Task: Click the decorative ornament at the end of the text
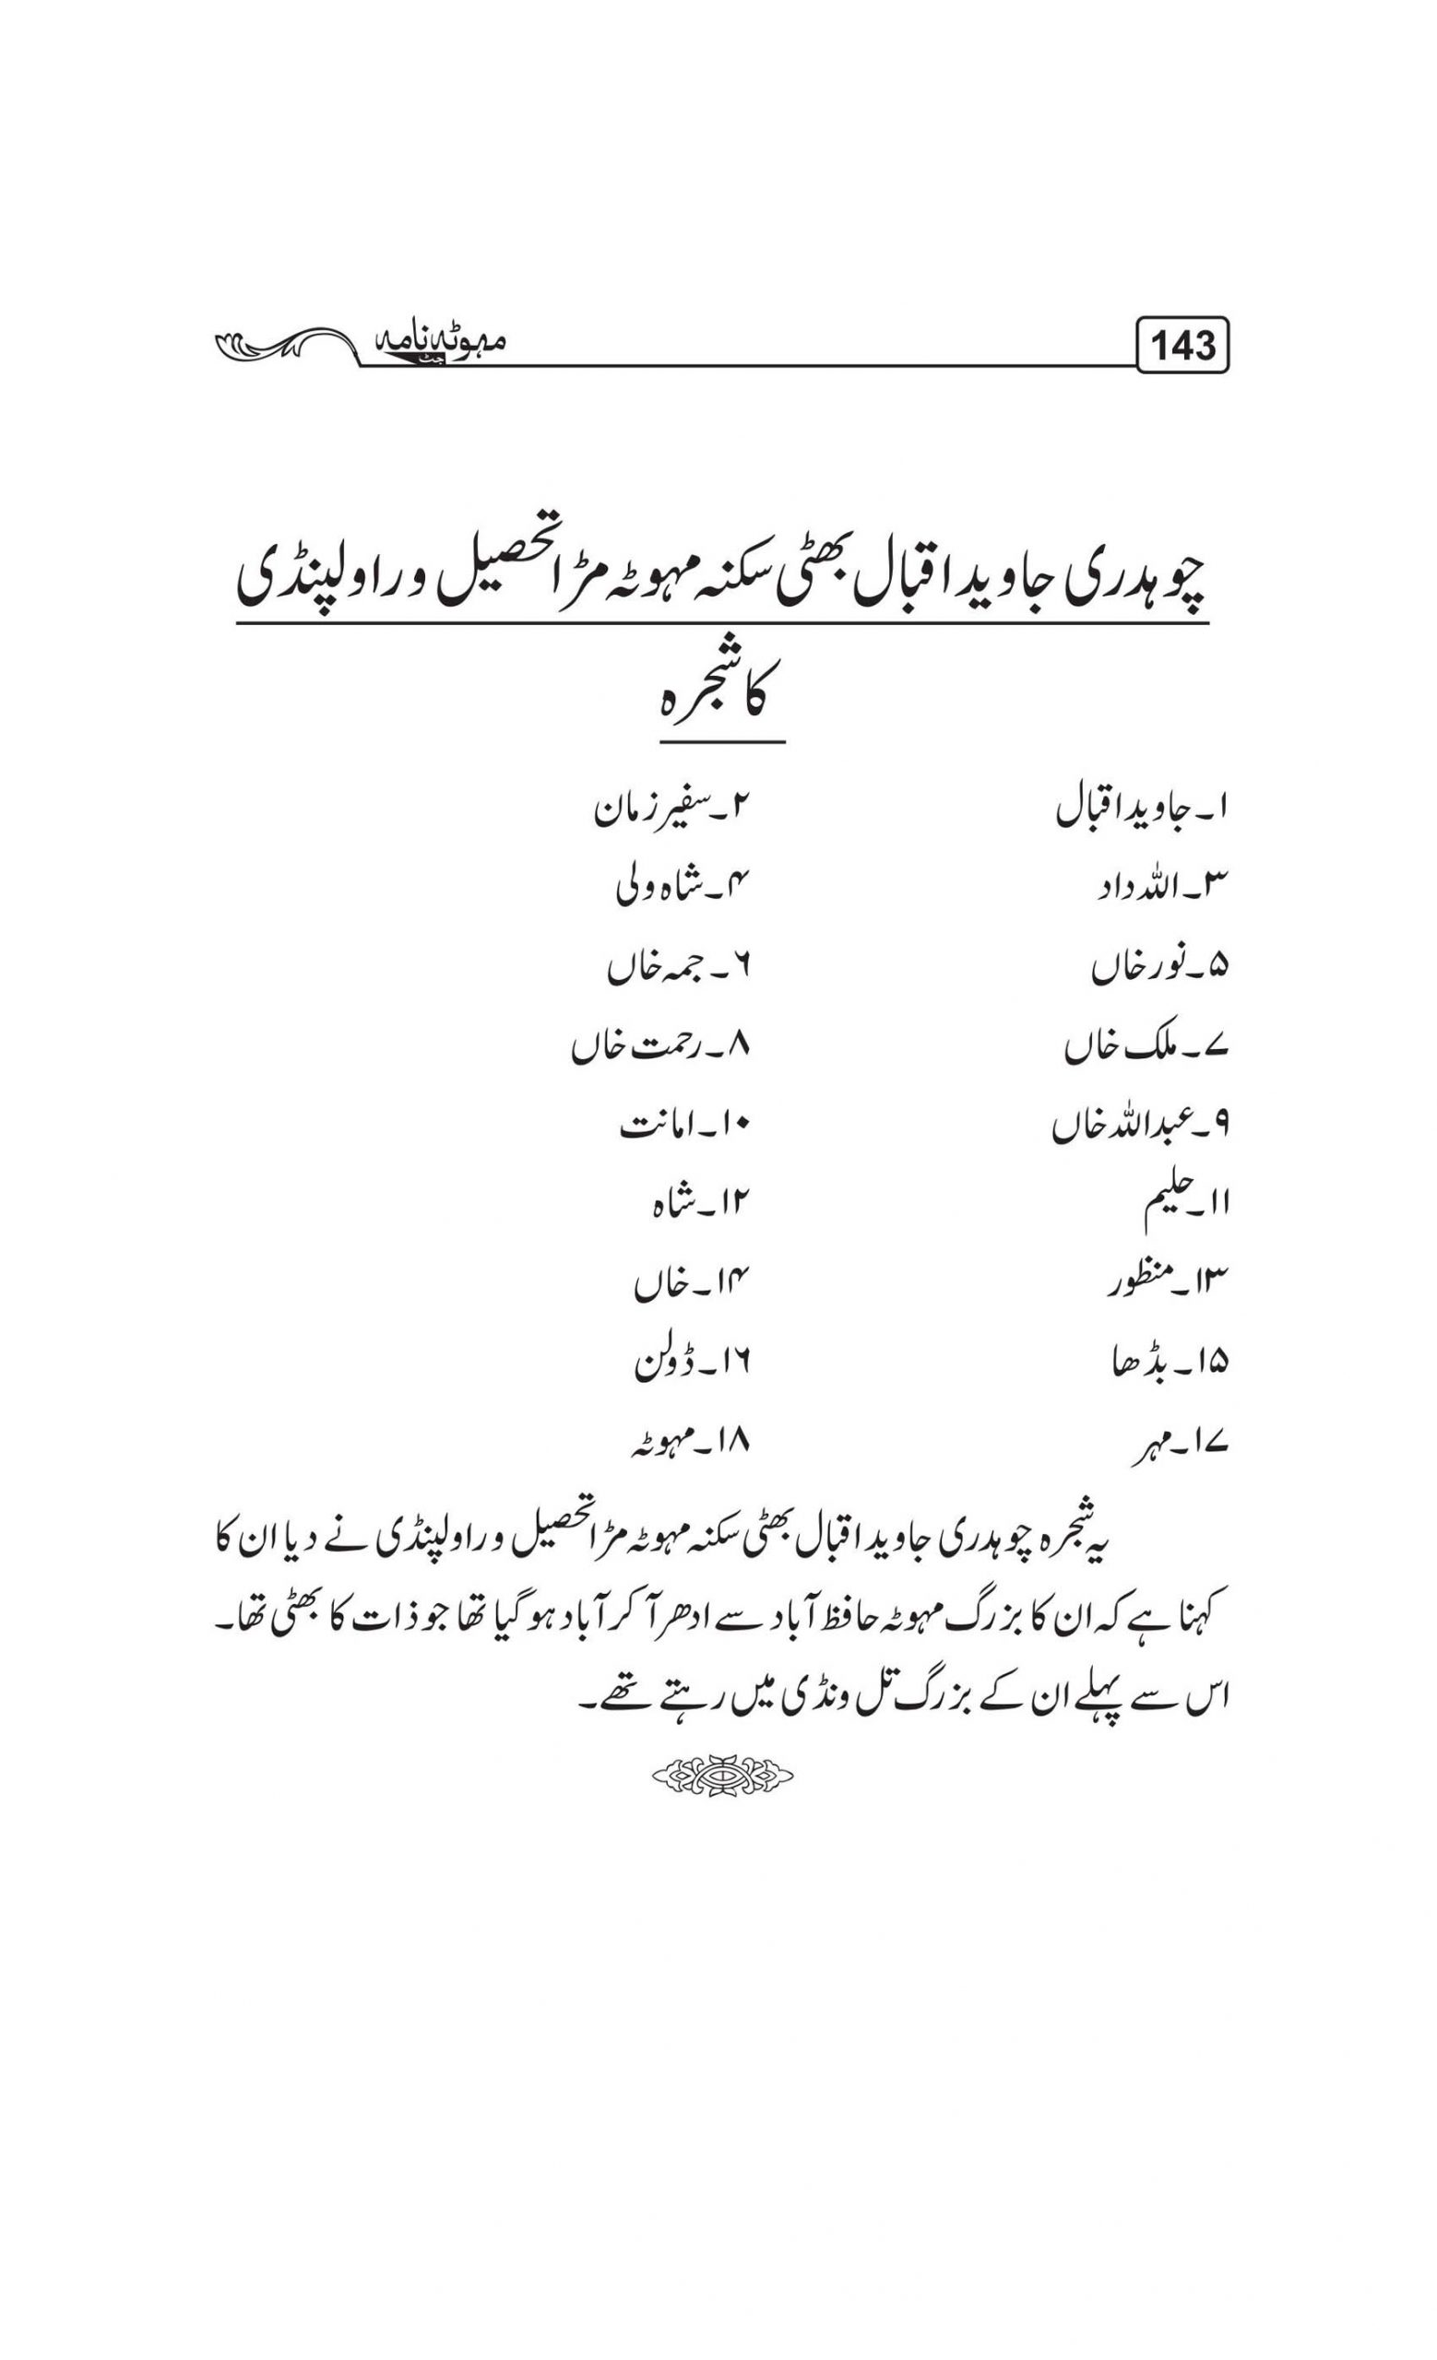(721, 1776)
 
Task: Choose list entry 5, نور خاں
(1159, 970)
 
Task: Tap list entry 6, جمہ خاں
(676, 970)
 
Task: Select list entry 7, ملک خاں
(1146, 1049)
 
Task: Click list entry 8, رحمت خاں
(660, 1048)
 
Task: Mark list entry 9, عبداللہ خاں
(1140, 1127)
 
